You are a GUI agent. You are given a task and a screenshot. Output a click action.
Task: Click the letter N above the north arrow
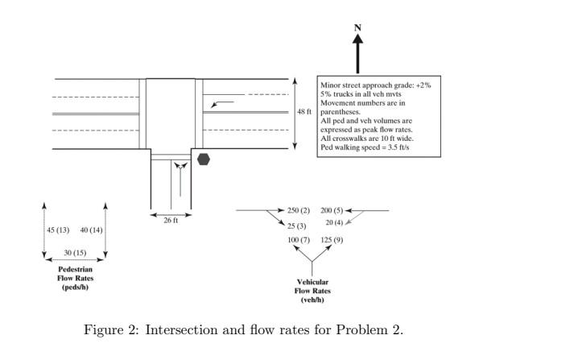tap(357, 27)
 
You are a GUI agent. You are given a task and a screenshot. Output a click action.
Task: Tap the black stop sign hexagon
tap(204, 159)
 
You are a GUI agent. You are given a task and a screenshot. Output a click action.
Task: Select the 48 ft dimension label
tap(304, 112)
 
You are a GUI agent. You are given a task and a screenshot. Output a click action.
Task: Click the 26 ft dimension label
tap(171, 221)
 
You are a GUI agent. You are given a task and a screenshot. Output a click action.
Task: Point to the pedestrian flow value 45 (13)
tap(58, 230)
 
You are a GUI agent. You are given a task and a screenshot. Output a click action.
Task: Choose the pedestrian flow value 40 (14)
tap(91, 230)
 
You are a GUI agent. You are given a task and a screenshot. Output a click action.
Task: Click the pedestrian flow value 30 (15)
tap(75, 253)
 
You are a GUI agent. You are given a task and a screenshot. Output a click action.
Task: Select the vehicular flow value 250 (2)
tap(299, 210)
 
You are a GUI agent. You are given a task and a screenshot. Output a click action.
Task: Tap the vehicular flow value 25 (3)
tap(297, 226)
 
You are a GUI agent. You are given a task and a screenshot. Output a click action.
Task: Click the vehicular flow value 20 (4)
tap(334, 222)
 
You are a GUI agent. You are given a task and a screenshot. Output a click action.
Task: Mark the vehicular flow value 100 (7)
tap(299, 240)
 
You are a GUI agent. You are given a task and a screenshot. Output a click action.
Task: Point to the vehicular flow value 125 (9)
tap(332, 240)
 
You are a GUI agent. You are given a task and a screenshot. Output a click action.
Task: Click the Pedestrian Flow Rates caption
tap(75, 278)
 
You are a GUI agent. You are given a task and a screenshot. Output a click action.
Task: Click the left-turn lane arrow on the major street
tap(221, 103)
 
